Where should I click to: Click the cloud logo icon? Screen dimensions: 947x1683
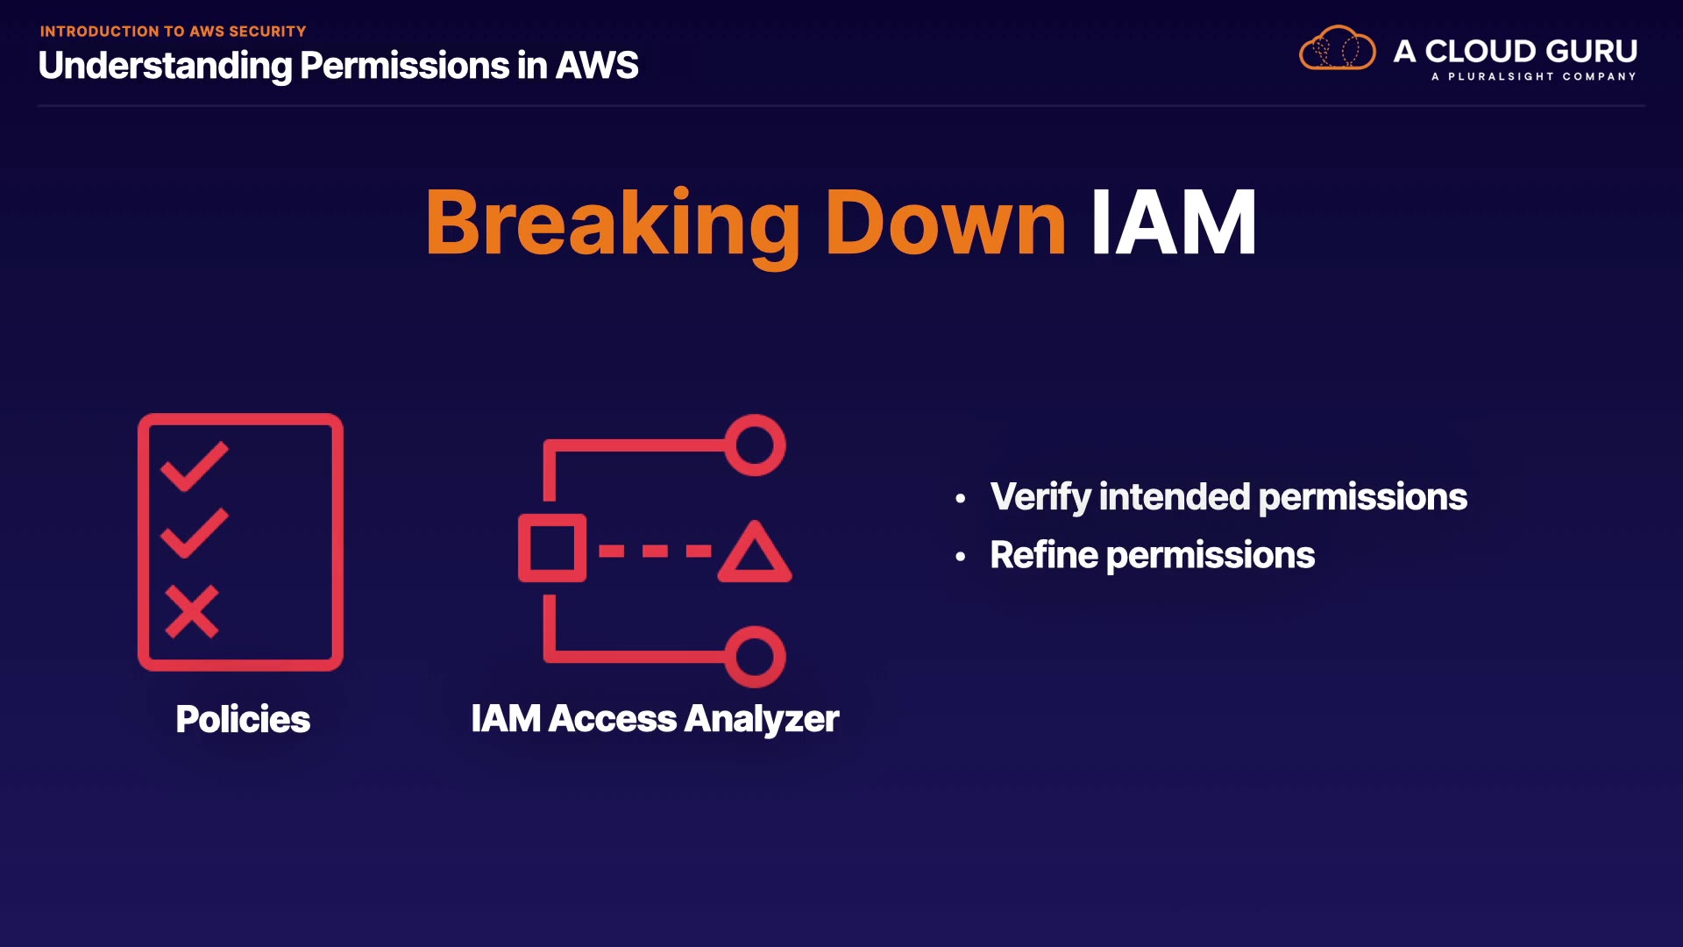click(1337, 49)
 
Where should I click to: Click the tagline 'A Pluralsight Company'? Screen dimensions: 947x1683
click(1533, 77)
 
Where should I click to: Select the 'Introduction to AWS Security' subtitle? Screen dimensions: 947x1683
click(173, 32)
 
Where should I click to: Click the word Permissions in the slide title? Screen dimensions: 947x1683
click(404, 66)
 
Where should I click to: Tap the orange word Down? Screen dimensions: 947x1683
click(945, 224)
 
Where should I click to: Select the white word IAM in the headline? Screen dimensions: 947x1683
click(1173, 224)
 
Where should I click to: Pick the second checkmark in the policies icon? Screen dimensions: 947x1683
click(195, 532)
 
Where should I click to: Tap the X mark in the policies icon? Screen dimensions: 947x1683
click(191, 611)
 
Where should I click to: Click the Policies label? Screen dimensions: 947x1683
click(243, 720)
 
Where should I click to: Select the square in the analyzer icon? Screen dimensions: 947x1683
click(551, 548)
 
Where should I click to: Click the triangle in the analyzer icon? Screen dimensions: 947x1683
click(755, 553)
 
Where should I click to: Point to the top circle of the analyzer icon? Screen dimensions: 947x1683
click(755, 445)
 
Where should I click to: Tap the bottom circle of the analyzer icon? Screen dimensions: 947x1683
click(755, 657)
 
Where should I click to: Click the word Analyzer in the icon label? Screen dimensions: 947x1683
click(762, 720)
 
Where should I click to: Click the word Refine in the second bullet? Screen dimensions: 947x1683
click(1043, 555)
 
